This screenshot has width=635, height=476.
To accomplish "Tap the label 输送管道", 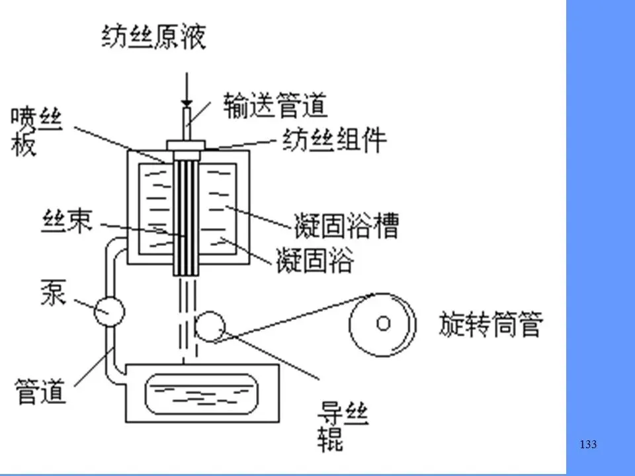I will point(275,104).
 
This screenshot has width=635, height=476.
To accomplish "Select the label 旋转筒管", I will point(491,325).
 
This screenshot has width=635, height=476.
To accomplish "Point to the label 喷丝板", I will point(36,130).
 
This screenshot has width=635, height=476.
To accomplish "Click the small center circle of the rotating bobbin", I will point(383,323).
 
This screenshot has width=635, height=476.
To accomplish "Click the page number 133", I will point(587,444).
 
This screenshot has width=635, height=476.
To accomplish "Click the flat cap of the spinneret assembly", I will point(187,145).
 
